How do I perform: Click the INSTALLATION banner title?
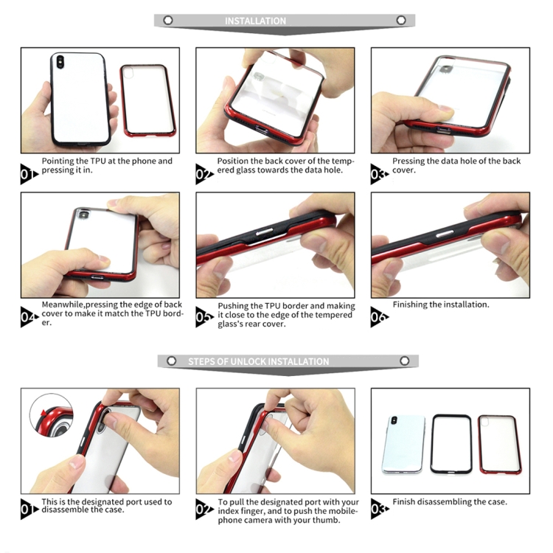click(255, 21)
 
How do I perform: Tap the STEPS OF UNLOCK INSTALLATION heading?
click(259, 361)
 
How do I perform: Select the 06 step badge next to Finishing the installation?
click(380, 317)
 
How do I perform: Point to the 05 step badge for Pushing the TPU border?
click(204, 317)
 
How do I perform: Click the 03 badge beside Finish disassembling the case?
click(380, 509)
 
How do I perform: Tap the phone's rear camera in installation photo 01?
click(60, 62)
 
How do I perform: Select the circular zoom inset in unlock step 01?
click(52, 415)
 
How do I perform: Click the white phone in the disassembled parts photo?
click(404, 444)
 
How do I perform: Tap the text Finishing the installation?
click(441, 305)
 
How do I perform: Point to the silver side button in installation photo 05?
click(264, 232)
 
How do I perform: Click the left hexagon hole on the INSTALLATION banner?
click(168, 21)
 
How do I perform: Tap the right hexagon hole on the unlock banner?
click(405, 361)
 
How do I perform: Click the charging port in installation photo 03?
click(443, 130)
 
